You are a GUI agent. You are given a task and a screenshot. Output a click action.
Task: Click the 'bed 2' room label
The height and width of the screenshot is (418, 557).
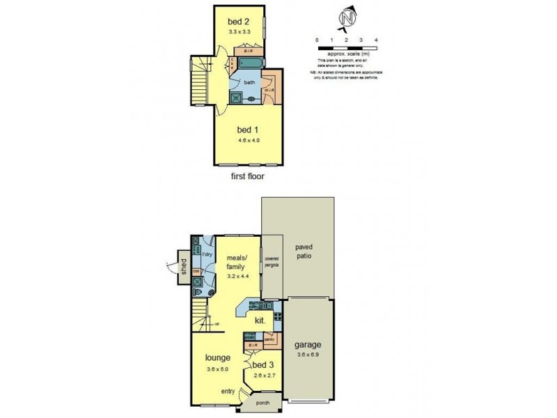(238, 21)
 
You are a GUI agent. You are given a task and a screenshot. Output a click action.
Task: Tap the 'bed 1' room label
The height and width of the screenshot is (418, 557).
(244, 130)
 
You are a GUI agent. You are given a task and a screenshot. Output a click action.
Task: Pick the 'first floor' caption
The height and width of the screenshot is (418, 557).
(247, 176)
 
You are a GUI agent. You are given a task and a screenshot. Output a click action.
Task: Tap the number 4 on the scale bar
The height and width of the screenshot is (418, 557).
(376, 40)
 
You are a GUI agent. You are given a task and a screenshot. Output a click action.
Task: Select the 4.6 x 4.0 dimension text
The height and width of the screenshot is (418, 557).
(244, 141)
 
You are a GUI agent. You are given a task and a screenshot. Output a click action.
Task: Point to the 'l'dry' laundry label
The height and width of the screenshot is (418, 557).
(207, 254)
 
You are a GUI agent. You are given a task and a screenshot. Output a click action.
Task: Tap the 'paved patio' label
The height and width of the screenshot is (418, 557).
(304, 251)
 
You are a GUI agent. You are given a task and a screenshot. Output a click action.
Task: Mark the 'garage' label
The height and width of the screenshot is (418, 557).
(307, 344)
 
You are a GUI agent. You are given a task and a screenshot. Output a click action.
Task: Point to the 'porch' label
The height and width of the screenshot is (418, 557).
(262, 403)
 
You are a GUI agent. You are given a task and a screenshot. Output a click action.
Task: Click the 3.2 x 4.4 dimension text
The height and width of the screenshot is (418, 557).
(238, 277)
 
